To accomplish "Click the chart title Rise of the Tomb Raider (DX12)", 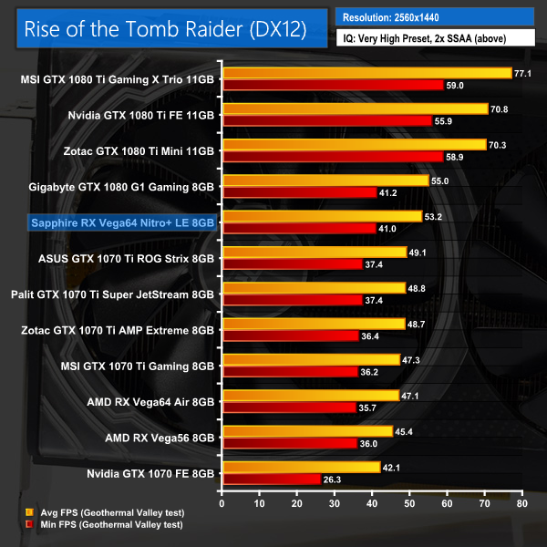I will (x=164, y=27).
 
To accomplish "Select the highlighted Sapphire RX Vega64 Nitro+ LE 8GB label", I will (x=123, y=222).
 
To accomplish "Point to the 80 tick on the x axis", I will (x=521, y=502).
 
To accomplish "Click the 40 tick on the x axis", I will (x=371, y=502).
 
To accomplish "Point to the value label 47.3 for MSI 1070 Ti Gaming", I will (x=411, y=359).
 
